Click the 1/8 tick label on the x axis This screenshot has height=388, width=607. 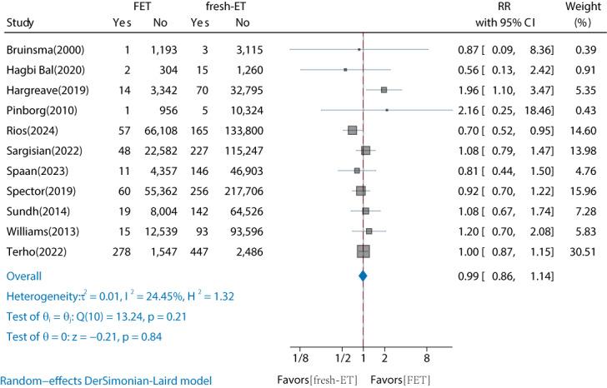click(300, 358)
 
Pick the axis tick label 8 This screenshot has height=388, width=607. click(427, 358)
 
